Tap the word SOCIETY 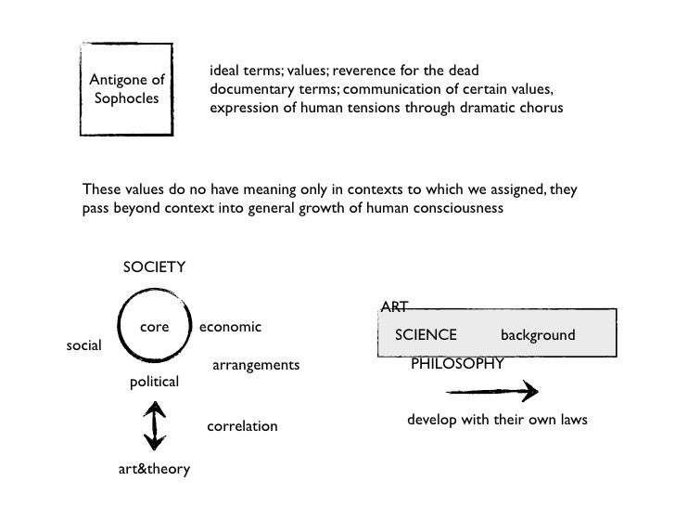[154, 267]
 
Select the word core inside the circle [154, 327]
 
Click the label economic [230, 327]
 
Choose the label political [154, 382]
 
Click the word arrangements [256, 366]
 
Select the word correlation [241, 426]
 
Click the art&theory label [154, 469]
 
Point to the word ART [394, 307]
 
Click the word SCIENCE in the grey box [426, 334]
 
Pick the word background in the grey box [538, 334]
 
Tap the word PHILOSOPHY [457, 363]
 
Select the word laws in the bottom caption [570, 420]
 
